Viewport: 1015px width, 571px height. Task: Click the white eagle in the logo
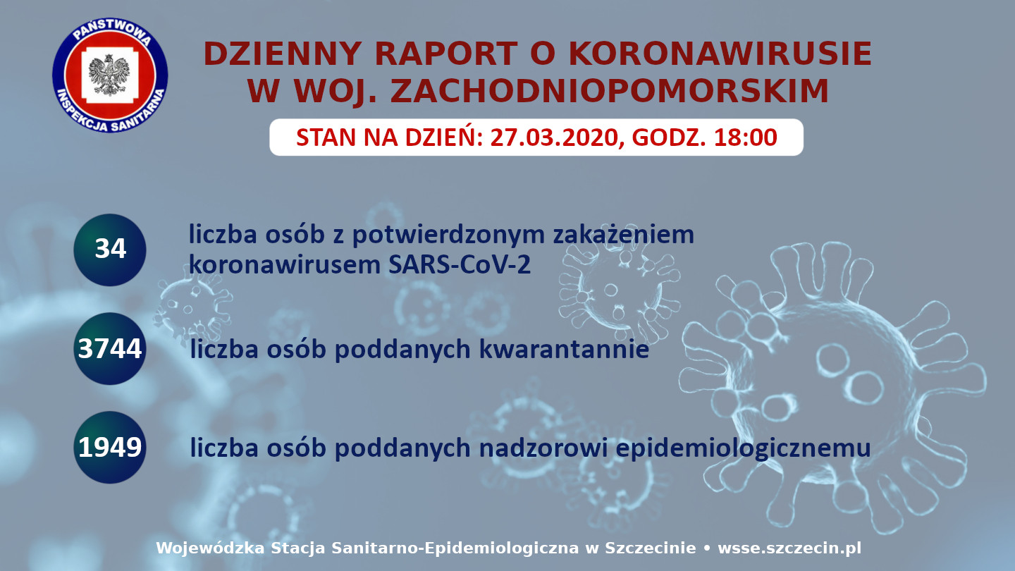coord(109,75)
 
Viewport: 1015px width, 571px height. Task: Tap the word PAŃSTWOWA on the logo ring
coord(111,32)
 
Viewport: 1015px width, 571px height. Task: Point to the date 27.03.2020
coord(554,137)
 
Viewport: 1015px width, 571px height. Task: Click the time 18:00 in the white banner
coord(746,137)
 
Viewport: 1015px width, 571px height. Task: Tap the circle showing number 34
coord(110,250)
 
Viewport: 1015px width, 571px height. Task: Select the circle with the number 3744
coord(110,348)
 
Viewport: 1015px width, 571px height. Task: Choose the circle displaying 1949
coord(110,447)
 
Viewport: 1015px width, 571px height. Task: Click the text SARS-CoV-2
coord(460,264)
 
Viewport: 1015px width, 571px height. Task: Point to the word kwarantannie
coord(564,350)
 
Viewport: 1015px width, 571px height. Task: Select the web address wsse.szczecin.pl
coord(789,548)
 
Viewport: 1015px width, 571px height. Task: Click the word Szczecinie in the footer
coord(650,548)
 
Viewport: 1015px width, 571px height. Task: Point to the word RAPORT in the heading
coord(446,54)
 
